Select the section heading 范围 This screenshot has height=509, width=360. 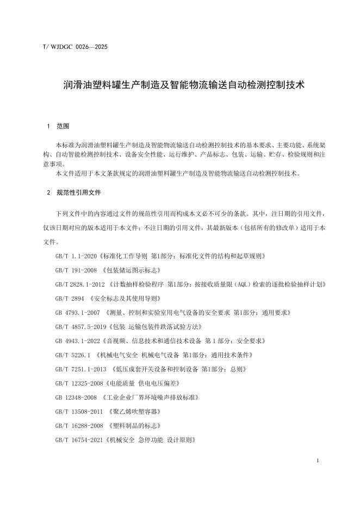pos(63,127)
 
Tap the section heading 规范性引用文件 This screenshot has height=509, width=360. pos(79,193)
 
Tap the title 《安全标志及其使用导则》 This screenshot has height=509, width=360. pos(120,298)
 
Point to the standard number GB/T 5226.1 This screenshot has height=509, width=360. pos(73,355)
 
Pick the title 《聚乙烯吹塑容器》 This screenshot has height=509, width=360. pos(134,412)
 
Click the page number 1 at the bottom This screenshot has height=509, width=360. pos(317,461)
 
